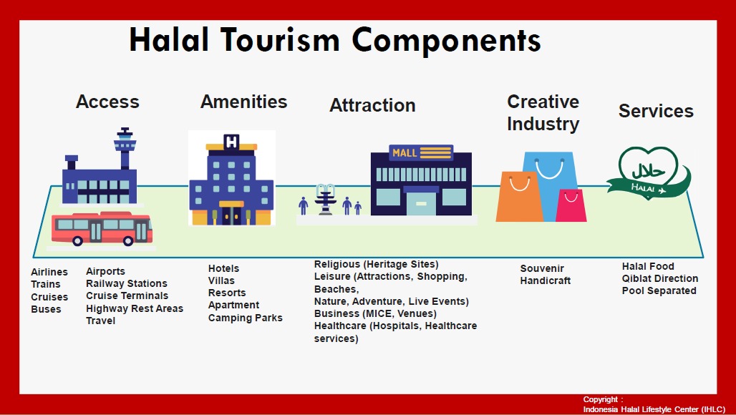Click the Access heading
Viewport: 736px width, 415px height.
(x=107, y=102)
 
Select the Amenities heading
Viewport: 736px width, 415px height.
(x=243, y=102)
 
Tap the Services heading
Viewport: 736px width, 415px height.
(x=656, y=111)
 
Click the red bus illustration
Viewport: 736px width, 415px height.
(x=102, y=229)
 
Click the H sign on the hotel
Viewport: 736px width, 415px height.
(x=231, y=142)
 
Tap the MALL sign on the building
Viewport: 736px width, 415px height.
(x=421, y=153)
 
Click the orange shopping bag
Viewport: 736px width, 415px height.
(x=519, y=197)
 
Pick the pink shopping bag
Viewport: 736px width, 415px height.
(x=571, y=205)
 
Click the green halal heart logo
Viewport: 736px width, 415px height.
(x=648, y=172)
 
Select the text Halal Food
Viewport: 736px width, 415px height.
(x=648, y=266)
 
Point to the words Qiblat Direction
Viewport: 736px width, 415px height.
(x=660, y=278)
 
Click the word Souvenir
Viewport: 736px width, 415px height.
(x=542, y=269)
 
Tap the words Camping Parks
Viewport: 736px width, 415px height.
(x=245, y=318)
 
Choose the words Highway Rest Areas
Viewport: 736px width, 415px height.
(x=135, y=308)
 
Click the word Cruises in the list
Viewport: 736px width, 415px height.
(x=49, y=297)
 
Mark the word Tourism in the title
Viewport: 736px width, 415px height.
(x=280, y=39)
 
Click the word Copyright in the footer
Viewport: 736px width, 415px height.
(x=601, y=399)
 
